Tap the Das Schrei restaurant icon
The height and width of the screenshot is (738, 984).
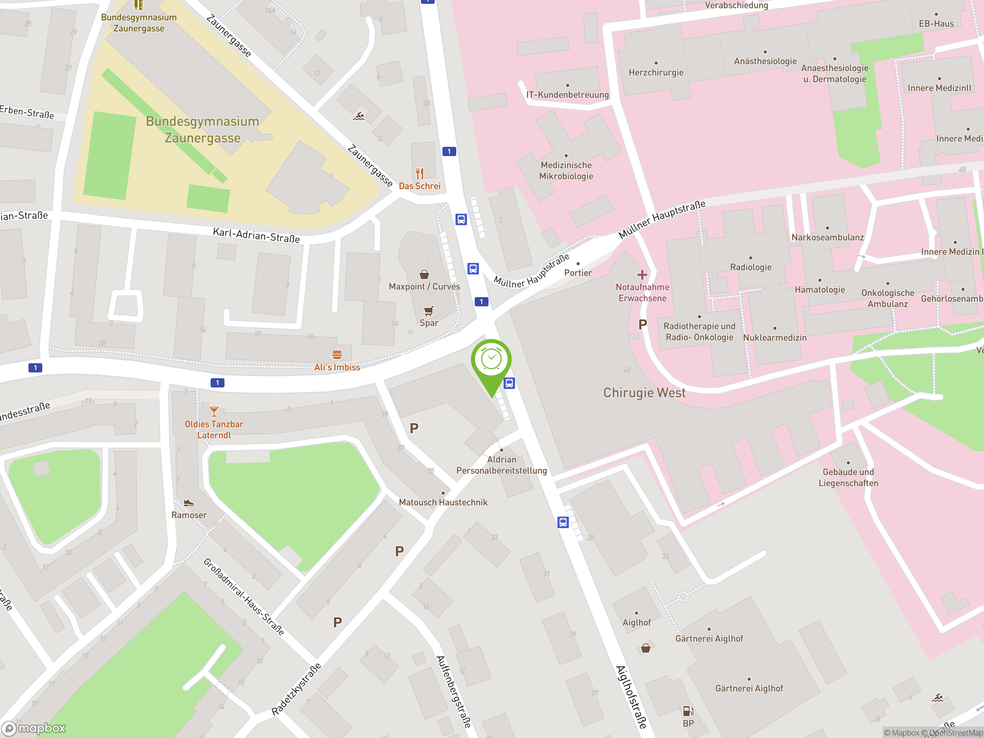(419, 173)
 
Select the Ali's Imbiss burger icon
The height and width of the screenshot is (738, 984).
(337, 354)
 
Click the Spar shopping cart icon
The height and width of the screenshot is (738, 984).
(429, 311)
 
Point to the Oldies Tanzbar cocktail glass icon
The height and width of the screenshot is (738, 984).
(214, 412)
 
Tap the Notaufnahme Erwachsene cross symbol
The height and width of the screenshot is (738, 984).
(642, 274)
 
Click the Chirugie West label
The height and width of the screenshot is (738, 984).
(644, 393)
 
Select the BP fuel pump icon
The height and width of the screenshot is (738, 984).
(688, 711)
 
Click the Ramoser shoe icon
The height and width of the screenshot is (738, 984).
(189, 503)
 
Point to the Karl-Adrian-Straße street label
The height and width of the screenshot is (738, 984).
(256, 235)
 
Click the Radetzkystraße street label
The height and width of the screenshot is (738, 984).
(296, 689)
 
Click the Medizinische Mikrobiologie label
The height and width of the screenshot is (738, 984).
(566, 170)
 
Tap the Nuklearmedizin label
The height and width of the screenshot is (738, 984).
(775, 337)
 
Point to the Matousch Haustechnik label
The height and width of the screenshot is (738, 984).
(443, 502)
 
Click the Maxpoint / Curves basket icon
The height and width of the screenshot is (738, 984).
(424, 274)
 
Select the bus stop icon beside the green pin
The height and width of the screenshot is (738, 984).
(509, 383)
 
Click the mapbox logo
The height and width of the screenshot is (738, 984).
(34, 728)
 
